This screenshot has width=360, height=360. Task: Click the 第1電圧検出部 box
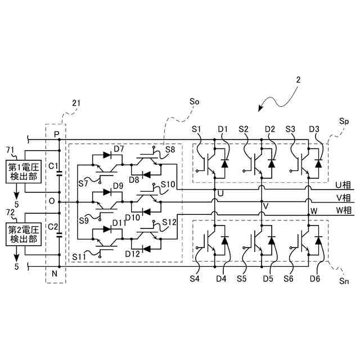(x=24, y=172)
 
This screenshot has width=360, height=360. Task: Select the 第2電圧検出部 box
(x=24, y=234)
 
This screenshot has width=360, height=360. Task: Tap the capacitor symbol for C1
(x=59, y=173)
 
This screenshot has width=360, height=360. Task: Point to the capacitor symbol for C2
(x=59, y=235)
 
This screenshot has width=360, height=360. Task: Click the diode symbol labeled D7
(x=107, y=155)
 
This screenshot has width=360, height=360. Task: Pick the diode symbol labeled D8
(x=146, y=175)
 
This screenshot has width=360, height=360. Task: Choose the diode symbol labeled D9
(x=107, y=192)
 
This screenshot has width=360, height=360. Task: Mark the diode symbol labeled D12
(x=146, y=249)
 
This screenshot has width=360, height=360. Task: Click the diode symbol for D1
(x=224, y=164)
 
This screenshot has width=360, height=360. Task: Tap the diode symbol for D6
(x=318, y=240)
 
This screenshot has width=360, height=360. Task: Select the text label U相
(x=343, y=185)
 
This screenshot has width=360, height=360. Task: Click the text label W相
(x=344, y=210)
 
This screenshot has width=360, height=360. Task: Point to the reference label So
(x=194, y=102)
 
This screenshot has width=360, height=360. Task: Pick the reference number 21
(x=76, y=103)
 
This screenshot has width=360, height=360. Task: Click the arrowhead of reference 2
(x=260, y=109)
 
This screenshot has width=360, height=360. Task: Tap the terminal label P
(x=56, y=134)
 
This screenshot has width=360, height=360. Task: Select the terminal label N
(x=55, y=274)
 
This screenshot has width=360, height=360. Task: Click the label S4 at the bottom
(x=195, y=279)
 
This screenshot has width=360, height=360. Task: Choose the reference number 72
(x=10, y=213)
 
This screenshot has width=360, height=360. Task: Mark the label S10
(x=168, y=184)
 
